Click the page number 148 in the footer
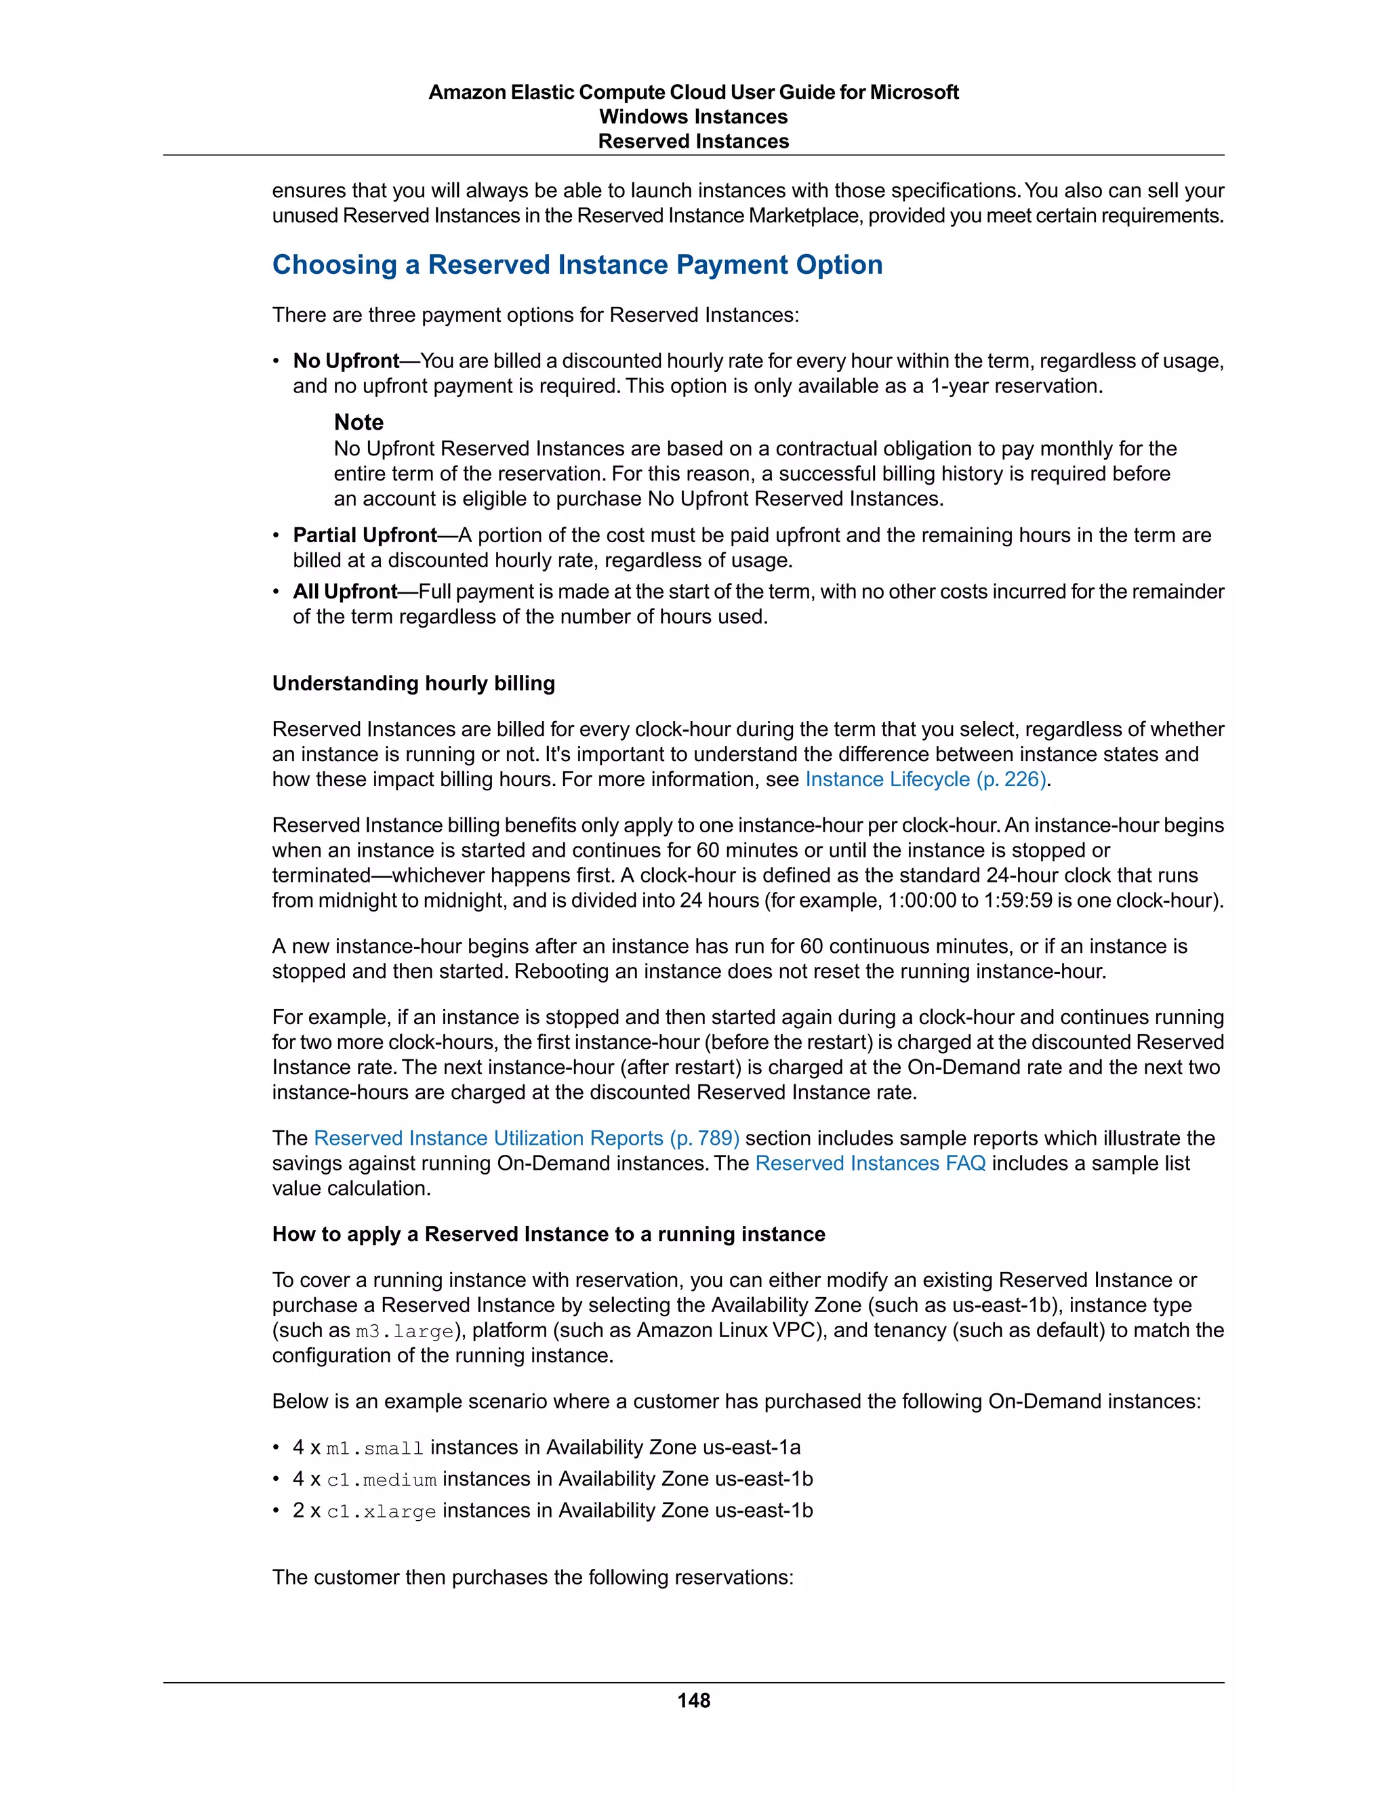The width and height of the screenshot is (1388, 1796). point(693,1700)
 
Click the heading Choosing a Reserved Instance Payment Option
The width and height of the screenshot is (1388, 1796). point(577,265)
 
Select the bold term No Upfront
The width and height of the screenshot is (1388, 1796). point(346,361)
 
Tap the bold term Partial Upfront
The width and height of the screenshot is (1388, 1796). point(364,535)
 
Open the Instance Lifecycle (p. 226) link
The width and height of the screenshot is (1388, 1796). point(925,779)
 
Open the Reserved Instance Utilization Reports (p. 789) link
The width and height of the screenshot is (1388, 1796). point(526,1138)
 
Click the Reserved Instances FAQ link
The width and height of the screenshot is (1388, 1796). point(870,1164)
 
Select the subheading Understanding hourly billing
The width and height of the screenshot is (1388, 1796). point(413,683)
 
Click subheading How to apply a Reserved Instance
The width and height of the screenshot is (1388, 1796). point(548,1234)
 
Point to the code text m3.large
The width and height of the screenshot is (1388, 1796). point(405,1331)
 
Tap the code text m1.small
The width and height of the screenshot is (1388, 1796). point(375,1448)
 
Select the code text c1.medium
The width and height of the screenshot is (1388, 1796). point(382,1480)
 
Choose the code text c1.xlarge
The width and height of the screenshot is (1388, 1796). point(382,1511)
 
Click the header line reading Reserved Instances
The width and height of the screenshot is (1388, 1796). point(693,142)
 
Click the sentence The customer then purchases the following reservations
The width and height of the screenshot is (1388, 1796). point(533,1577)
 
